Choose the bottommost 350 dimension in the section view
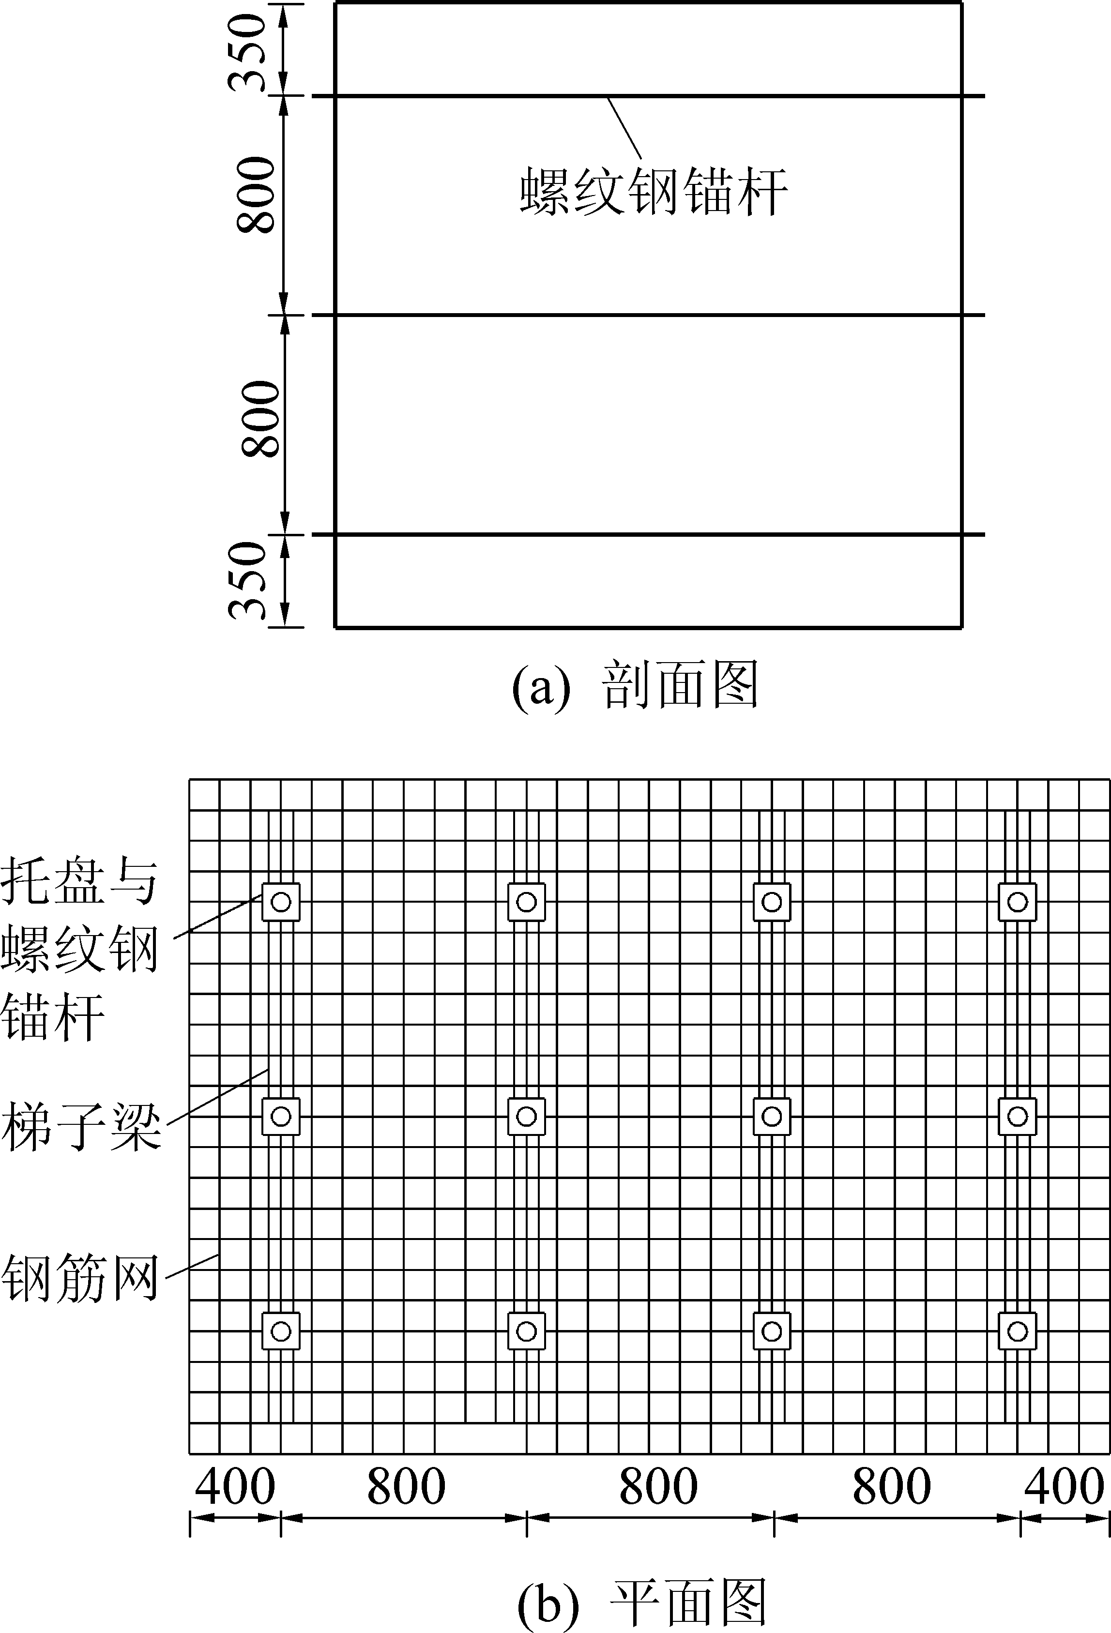(x=249, y=580)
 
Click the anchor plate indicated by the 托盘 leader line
(x=281, y=902)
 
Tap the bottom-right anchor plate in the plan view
(x=1017, y=1331)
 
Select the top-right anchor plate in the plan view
(x=1017, y=902)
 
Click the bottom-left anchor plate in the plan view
(x=281, y=1331)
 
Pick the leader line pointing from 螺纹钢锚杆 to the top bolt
(x=624, y=129)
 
